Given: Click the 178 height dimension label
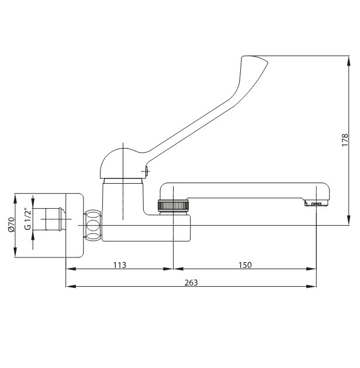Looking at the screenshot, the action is [345, 140].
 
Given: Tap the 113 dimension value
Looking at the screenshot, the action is [120, 265].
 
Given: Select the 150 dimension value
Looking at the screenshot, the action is [245, 265].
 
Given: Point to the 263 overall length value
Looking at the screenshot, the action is [191, 283].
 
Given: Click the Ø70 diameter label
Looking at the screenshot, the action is [11, 225].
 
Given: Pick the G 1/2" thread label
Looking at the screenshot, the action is [27, 219].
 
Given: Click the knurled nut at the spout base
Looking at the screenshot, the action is [173, 205].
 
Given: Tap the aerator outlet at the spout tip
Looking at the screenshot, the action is [316, 203].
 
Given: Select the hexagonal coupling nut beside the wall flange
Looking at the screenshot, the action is [93, 225].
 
